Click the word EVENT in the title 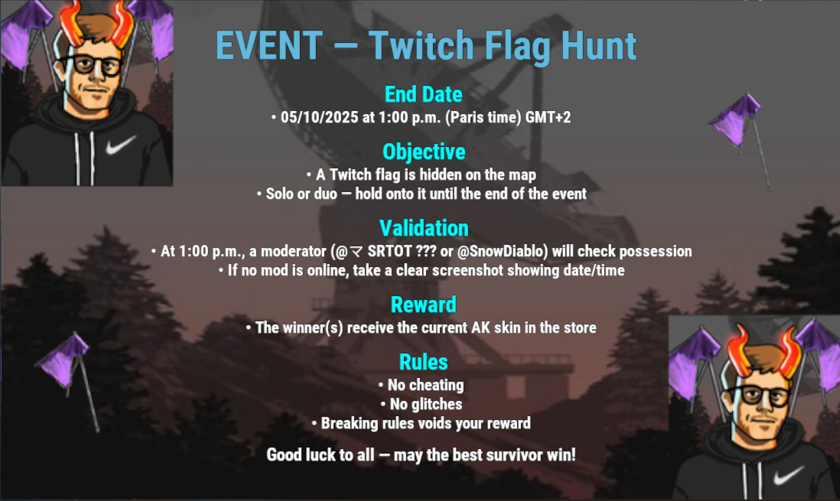(269, 45)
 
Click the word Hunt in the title (599, 45)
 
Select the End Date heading (423, 94)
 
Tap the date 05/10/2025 (319, 117)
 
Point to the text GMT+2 (548, 117)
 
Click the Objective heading (424, 151)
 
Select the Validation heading (424, 228)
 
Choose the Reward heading (424, 305)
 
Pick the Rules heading (423, 363)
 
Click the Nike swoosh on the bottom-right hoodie (788, 475)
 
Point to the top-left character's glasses (91, 65)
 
